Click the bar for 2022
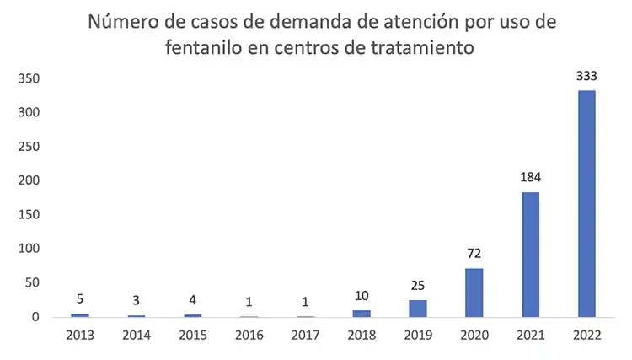586,203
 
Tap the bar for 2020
474,293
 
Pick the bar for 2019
418,309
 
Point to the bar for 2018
362,314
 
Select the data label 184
531,179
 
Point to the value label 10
362,297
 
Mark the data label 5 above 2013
80,300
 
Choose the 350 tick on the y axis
30,78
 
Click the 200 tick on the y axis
30,180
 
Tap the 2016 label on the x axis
249,335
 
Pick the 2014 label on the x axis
137,335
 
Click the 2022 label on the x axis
586,335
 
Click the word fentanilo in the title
203,48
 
